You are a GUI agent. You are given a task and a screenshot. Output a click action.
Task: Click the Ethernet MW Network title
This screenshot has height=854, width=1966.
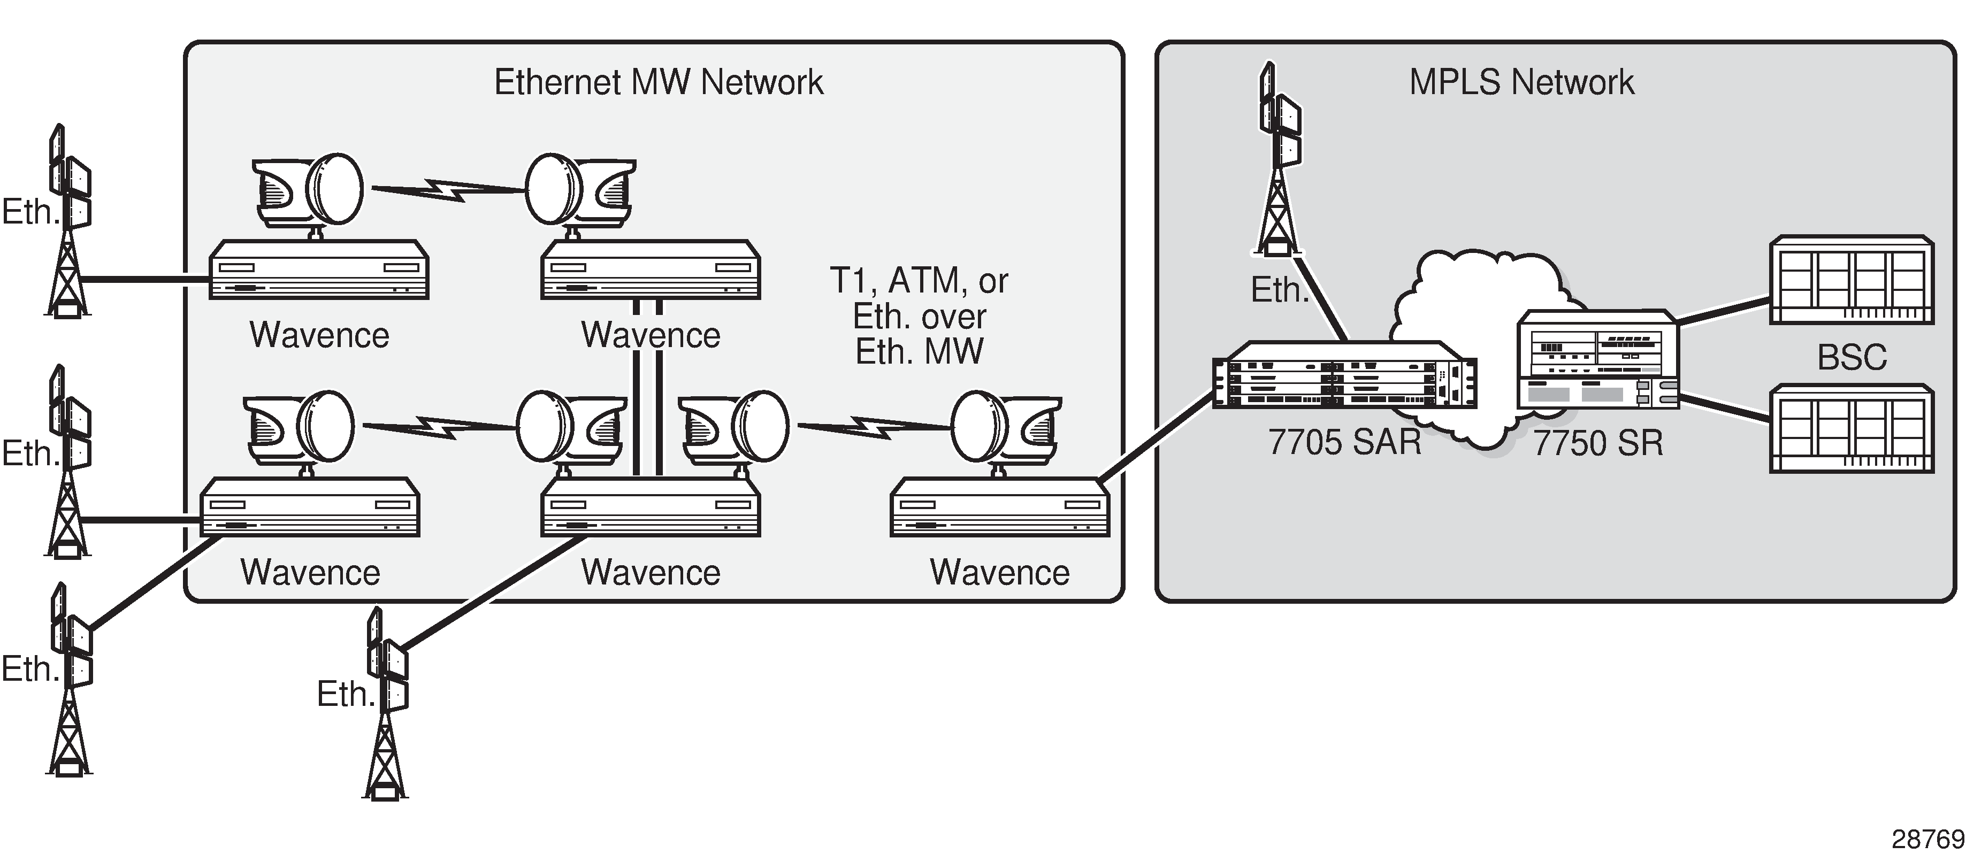pos(659,82)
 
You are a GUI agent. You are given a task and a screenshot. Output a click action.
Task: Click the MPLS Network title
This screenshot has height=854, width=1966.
pos(1521,82)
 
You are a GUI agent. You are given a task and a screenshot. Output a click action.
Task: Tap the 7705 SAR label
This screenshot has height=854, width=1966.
pos(1345,443)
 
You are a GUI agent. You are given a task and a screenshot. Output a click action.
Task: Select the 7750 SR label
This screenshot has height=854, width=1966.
pos(1598,443)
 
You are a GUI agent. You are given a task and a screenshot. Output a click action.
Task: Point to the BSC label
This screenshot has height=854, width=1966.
pos(1852,357)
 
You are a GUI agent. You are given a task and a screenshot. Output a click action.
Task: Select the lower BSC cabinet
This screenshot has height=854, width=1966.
pos(1852,429)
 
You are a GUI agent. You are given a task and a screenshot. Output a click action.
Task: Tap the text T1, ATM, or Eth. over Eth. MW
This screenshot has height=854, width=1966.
pos(919,317)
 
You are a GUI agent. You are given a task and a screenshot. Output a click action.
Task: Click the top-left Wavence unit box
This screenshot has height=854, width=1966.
pos(319,271)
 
